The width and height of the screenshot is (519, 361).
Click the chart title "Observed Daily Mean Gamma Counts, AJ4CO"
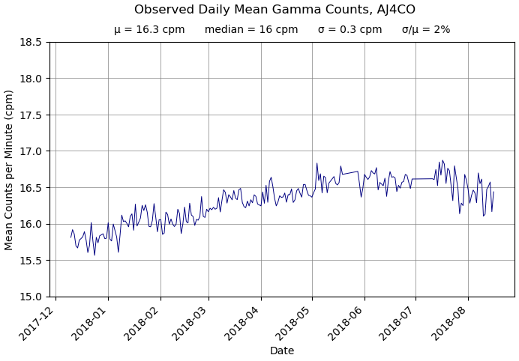point(274,10)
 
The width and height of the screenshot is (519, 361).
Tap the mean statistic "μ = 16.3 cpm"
point(149,30)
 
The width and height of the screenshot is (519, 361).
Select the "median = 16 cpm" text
point(251,30)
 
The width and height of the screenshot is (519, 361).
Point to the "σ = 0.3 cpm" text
point(349,30)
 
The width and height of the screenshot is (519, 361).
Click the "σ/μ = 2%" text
point(426,30)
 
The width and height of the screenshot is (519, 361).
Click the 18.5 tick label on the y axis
point(31,42)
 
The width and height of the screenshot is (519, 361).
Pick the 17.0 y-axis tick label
point(31,151)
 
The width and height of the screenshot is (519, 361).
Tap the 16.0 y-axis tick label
point(31,224)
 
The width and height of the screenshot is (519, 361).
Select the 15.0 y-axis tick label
point(31,297)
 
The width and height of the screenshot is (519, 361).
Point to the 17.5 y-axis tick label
point(31,115)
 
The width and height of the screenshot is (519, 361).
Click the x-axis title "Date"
point(282,351)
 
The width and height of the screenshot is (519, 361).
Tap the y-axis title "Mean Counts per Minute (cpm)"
point(10,169)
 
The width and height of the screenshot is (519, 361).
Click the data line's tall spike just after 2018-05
point(316,164)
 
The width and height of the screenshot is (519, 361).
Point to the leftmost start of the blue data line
point(71,237)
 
